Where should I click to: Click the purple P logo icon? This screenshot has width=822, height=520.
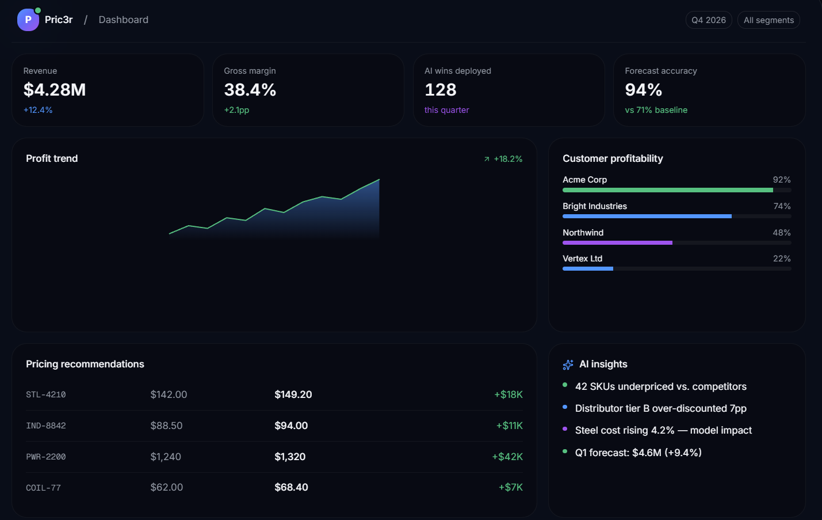tap(28, 20)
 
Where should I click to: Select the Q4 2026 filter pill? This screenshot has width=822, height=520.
tap(709, 20)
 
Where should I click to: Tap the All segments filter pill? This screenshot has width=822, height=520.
tap(769, 20)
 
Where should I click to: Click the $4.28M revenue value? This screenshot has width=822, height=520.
tap(54, 90)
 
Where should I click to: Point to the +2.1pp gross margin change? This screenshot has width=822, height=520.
tap(236, 110)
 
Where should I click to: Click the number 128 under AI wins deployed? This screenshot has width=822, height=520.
tap(441, 90)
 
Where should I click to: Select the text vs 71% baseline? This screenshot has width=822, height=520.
tap(656, 110)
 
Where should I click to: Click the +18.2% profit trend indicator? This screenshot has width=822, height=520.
tap(503, 159)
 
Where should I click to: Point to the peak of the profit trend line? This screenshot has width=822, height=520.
tap(379, 179)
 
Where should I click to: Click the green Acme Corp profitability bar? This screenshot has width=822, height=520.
tap(667, 190)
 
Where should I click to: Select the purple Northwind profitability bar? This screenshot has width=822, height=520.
tap(617, 243)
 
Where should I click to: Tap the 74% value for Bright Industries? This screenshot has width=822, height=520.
tap(782, 206)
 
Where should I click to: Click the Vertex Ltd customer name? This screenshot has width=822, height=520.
tap(582, 259)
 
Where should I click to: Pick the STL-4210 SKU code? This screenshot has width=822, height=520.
tap(46, 394)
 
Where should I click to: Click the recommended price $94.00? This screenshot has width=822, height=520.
tap(291, 426)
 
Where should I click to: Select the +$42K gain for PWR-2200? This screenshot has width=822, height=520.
tap(507, 457)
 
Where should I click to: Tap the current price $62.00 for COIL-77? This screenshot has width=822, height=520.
tap(167, 487)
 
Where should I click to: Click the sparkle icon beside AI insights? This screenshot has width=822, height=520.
tap(568, 365)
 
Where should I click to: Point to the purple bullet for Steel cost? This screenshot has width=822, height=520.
tap(565, 429)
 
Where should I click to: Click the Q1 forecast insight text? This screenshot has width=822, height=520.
tap(638, 453)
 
